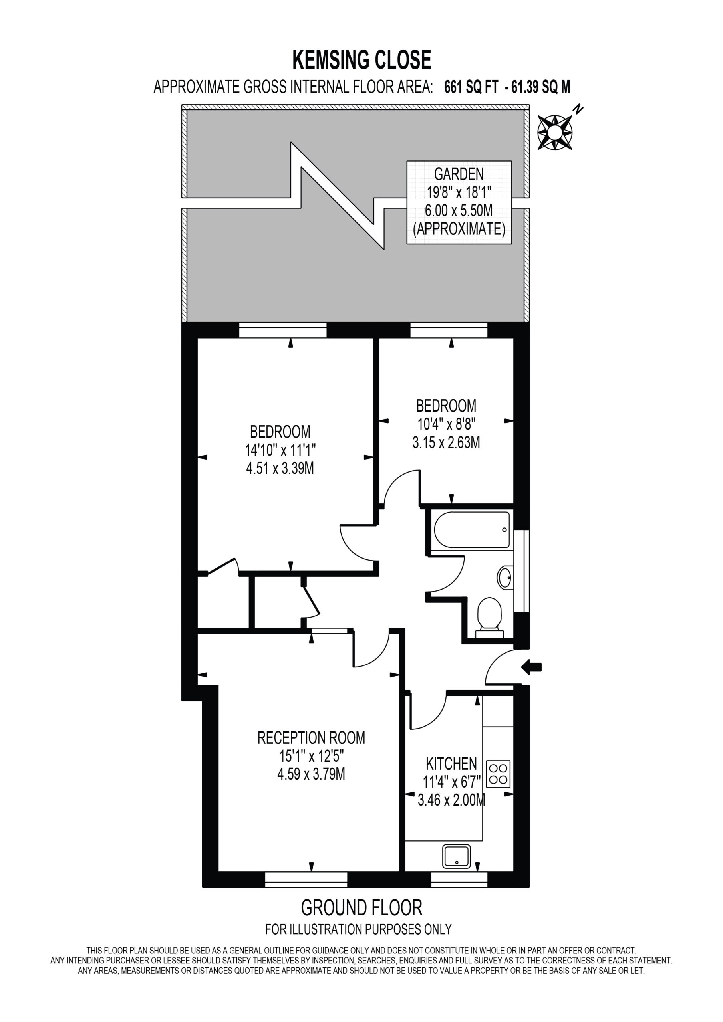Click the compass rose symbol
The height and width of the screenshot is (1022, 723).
coord(555,132)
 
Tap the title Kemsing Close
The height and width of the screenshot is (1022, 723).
coord(362,60)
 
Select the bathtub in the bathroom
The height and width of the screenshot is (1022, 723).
coord(472,529)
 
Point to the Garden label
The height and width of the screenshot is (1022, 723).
coord(459,174)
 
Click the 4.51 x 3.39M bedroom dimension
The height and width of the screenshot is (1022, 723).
coord(280,468)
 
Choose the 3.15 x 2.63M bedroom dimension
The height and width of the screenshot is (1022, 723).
coord(446,442)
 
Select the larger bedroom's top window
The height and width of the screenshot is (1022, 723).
coord(283,330)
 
